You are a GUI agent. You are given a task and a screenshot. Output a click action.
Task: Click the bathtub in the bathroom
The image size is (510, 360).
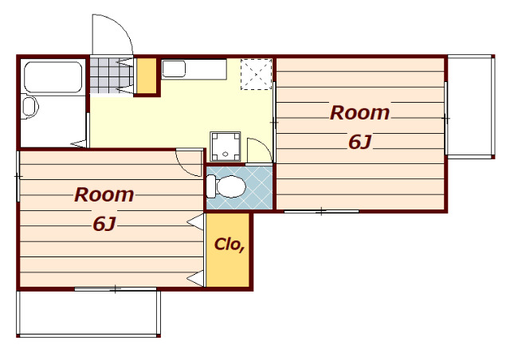53,77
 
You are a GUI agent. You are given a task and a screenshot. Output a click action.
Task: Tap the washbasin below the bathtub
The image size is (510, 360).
30,107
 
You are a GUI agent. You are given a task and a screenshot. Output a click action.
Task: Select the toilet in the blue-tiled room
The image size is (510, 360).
226,186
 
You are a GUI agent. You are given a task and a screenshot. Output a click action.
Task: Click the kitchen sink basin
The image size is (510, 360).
174,69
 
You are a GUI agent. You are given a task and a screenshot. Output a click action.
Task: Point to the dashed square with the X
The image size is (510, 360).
257,74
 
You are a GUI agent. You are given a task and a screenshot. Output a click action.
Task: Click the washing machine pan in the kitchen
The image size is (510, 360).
225,147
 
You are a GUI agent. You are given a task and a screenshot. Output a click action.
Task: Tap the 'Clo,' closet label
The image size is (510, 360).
229,245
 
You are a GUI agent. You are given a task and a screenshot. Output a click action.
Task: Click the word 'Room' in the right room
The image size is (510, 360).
359,113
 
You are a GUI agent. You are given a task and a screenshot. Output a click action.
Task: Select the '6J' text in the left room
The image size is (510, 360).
104,224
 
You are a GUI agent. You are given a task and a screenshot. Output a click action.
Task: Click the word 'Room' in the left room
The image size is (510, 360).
104,195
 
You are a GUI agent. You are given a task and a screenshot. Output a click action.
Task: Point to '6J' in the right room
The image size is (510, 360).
359,142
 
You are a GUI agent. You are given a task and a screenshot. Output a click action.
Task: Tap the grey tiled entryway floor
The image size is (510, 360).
111,76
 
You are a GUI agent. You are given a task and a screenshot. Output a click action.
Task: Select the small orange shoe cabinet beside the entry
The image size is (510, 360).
147,76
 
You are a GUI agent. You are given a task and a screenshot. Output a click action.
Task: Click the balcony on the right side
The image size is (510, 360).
470,107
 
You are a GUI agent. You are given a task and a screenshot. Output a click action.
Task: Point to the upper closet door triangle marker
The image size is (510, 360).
195,221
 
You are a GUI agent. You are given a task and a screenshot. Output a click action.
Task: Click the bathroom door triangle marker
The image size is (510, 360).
79,143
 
